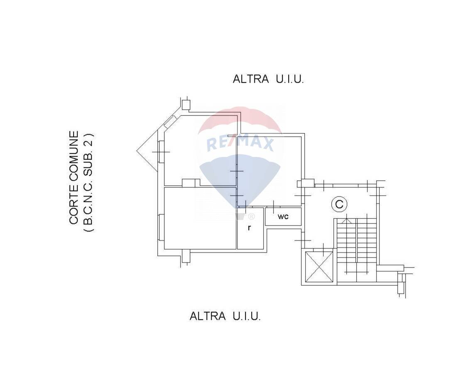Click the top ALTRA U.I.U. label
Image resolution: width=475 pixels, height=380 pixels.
[268, 79]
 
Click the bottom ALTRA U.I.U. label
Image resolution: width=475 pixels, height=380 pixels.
[225, 316]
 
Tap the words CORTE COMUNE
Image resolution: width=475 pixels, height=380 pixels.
[74, 178]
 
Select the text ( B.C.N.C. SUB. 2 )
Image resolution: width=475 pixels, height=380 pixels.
[88, 182]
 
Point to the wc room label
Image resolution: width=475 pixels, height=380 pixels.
[283, 217]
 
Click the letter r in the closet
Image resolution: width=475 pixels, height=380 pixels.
[249, 228]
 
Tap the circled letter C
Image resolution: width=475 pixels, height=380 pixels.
[339, 204]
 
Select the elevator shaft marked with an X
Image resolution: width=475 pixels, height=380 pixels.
[319, 267]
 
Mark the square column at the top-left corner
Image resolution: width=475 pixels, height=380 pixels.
[186, 105]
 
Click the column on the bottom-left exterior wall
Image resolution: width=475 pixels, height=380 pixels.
[186, 256]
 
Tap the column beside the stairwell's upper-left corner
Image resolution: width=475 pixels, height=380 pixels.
[308, 183]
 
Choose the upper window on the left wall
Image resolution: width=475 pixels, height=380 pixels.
[161, 152]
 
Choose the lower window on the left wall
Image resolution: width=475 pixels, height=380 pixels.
[161, 227]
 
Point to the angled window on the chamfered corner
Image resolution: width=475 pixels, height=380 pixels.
[170, 121]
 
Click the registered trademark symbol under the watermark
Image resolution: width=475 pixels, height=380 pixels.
[251, 216]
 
